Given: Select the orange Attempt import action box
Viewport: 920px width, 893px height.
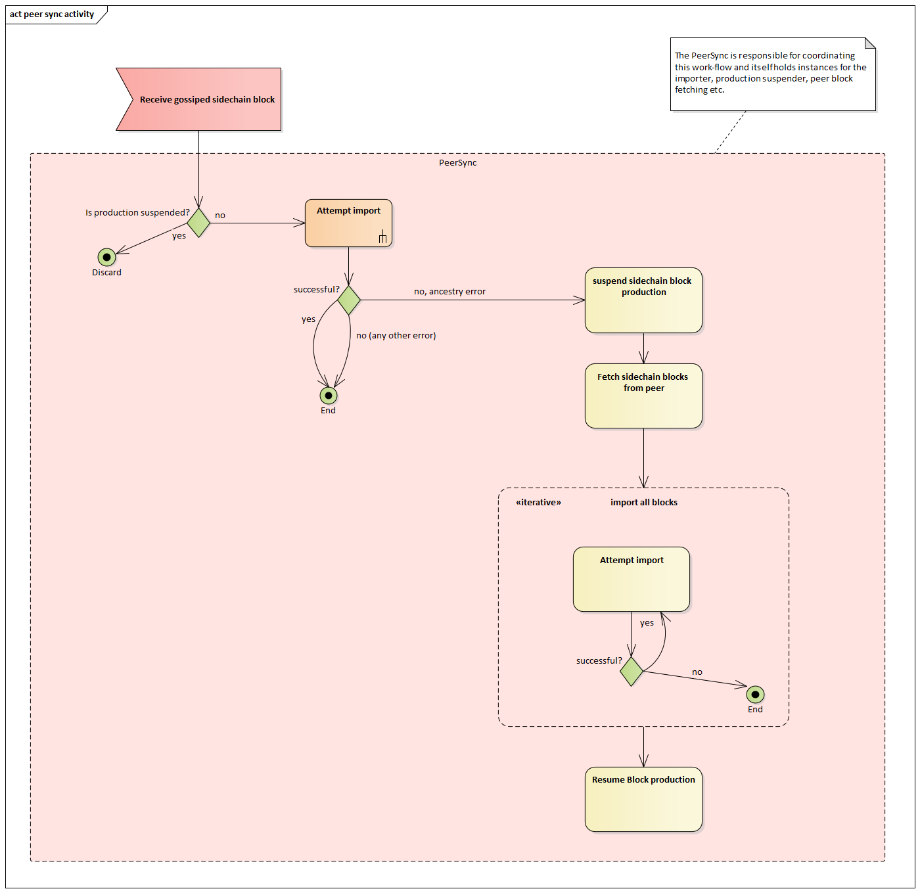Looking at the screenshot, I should [x=348, y=223].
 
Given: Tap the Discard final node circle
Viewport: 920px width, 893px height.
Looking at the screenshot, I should [x=106, y=257].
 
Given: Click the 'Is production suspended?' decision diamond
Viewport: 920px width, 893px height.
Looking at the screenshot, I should [x=198, y=223].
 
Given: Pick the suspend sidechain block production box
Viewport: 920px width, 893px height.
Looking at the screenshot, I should [x=643, y=300].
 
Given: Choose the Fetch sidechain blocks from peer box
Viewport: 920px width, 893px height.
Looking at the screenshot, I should [x=643, y=396].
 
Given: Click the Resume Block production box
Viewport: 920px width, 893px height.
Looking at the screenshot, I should [x=643, y=799].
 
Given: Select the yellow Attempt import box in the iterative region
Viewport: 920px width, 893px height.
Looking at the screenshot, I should [x=632, y=579].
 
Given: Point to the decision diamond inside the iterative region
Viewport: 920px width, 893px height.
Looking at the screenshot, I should [x=632, y=671].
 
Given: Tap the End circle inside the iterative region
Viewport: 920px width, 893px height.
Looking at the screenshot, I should [x=756, y=694].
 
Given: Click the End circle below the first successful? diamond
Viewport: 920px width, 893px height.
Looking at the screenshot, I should [x=329, y=396].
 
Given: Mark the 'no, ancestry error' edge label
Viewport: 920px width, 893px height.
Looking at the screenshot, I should [x=449, y=292].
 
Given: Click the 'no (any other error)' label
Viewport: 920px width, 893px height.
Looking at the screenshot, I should [x=396, y=336].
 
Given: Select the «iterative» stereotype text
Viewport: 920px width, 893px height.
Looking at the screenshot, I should [x=538, y=503].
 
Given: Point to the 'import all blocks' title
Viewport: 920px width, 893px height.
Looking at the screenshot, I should [x=643, y=503].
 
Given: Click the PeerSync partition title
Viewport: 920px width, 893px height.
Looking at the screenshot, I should [x=457, y=163].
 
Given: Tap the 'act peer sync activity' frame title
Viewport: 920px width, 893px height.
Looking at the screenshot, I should [x=52, y=14].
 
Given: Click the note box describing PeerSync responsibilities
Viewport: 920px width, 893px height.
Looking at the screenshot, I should [x=772, y=74].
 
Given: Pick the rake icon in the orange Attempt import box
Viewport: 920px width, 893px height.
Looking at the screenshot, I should [x=382, y=237].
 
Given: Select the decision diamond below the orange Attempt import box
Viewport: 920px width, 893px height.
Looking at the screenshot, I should [x=349, y=300].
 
